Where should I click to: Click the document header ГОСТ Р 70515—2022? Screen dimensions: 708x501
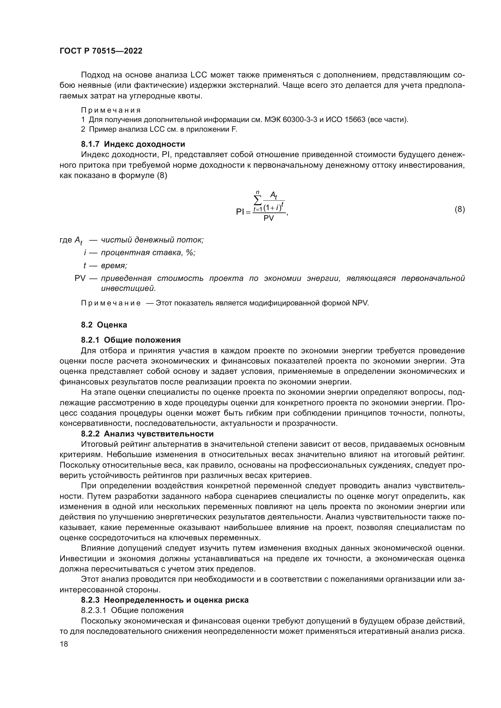tap(101, 51)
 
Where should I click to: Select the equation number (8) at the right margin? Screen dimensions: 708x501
tap(460, 209)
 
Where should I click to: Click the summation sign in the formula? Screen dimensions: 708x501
tap(257, 201)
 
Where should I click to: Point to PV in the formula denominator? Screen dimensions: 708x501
tap(269, 218)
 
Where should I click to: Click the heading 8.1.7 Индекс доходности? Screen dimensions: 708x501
tap(133, 144)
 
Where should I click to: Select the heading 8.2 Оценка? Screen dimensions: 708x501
tap(104, 325)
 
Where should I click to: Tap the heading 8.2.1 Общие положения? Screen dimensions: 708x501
tap(131, 340)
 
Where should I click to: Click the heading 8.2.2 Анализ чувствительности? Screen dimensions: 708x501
tap(147, 433)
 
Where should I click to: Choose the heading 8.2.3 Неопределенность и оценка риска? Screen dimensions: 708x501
tap(165, 600)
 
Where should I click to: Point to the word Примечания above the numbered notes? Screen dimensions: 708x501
tap(111, 110)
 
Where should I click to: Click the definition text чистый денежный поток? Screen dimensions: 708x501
tap(152, 240)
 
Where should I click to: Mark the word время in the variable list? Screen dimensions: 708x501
tap(114, 265)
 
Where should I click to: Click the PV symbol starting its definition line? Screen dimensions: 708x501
tap(80, 278)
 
